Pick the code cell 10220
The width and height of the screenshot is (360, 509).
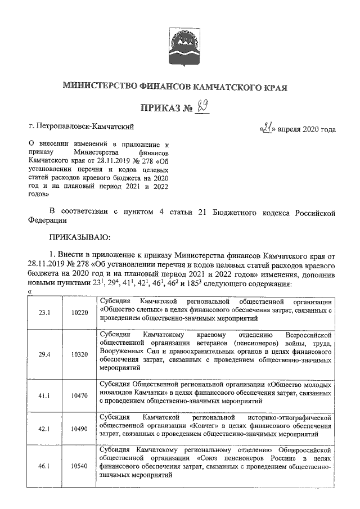coord(80,312)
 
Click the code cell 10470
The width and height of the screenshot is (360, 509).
coord(80,395)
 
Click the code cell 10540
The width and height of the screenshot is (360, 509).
coord(80,466)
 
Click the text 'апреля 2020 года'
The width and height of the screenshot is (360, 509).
coord(307,129)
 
